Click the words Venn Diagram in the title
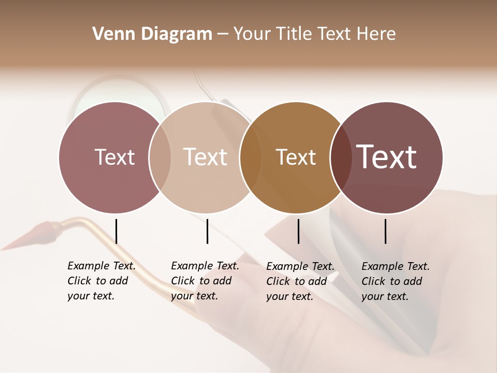tap(152, 34)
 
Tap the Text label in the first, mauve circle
tap(114, 157)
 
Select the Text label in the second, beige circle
tap(205, 157)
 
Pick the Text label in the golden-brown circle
tap(296, 157)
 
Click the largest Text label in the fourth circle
tap(387, 157)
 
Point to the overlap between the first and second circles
tap(160, 157)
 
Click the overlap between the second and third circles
tap(251, 157)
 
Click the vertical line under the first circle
tap(116, 231)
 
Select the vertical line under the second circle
tap(207, 231)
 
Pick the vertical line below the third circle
tap(298, 231)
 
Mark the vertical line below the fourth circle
tap(385, 231)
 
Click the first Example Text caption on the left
tap(101, 281)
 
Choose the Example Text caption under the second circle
tap(204, 281)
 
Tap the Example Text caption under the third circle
tap(300, 281)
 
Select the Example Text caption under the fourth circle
tap(395, 281)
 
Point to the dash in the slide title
tap(223, 35)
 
